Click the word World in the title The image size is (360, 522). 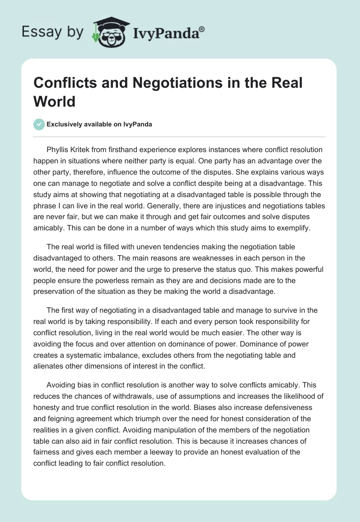click(54, 101)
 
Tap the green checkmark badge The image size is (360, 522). click(39, 125)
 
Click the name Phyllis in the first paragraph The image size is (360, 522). click(59, 149)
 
